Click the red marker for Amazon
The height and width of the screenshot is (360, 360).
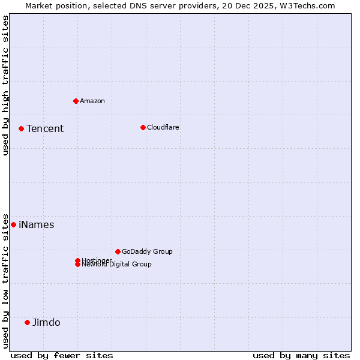(76, 101)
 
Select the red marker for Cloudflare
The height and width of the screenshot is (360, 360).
(143, 127)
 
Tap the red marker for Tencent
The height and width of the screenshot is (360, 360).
(21, 128)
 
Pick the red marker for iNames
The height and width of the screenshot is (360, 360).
(13, 224)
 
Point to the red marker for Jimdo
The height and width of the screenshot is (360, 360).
(27, 322)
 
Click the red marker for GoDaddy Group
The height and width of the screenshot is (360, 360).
(118, 251)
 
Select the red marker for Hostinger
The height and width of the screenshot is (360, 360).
(77, 260)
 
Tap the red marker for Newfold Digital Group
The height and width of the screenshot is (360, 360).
(77, 265)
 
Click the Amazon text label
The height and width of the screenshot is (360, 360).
(92, 101)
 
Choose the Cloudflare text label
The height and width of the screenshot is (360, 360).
(163, 127)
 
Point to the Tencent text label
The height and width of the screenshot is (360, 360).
(45, 128)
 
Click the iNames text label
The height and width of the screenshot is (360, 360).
(37, 224)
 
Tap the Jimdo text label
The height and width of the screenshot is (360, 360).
(46, 322)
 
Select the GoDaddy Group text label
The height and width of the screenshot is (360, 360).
(147, 251)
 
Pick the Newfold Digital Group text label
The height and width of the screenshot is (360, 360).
(117, 265)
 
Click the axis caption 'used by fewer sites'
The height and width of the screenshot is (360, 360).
(62, 355)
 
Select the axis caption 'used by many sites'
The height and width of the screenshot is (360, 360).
(301, 355)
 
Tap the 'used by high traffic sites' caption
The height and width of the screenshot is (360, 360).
(5, 85)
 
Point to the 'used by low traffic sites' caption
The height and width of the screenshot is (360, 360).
(5, 280)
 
